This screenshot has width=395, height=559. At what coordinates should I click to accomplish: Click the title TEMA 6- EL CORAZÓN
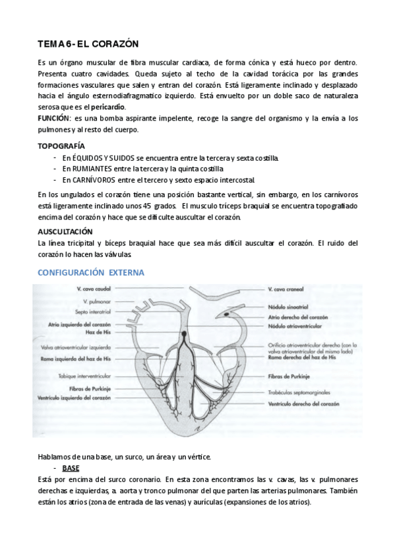[x=88, y=44]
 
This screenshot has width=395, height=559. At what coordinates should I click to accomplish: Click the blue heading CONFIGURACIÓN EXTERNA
[x=91, y=272]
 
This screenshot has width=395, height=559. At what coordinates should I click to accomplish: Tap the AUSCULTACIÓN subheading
[x=65, y=231]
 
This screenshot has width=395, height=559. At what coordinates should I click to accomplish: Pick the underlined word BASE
[x=71, y=468]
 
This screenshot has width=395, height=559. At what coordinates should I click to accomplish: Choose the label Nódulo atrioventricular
[x=295, y=326]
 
